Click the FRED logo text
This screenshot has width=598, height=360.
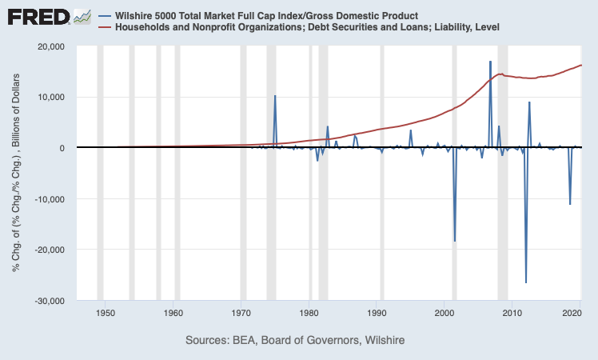[x=38, y=16]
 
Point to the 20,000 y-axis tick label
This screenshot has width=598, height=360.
[x=51, y=46]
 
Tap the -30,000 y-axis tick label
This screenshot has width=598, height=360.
[x=49, y=301]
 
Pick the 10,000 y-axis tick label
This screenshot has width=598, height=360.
[x=51, y=98]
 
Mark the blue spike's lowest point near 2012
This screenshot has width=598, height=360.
[x=526, y=282]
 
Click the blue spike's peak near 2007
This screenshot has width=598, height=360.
[x=490, y=62]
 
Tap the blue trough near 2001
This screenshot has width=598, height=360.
[x=455, y=241]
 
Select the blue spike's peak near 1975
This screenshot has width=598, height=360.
[x=275, y=96]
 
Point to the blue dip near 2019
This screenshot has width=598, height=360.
[x=570, y=204]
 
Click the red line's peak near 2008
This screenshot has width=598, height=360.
[x=501, y=74]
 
